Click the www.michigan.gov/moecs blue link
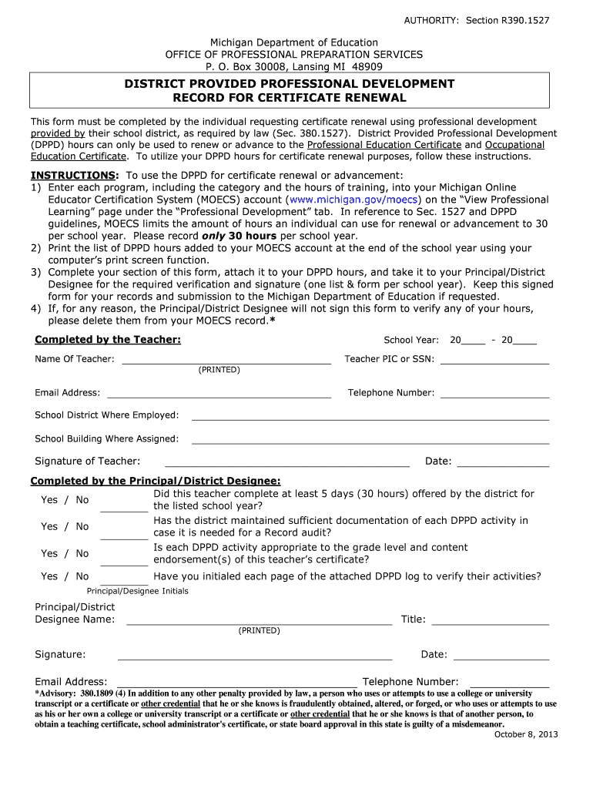coord(352,200)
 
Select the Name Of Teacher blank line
coord(226,359)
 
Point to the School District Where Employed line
coord(370,416)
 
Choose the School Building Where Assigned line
coord(370,440)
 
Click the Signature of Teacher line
coord(287,462)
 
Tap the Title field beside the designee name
coord(490,619)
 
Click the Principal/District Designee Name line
coord(259,619)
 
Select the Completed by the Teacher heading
coord(108,340)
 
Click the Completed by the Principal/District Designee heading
coord(155,481)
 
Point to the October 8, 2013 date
coord(525,734)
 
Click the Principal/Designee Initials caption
coord(137,591)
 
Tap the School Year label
coord(411,341)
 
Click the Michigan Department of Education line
coord(295,42)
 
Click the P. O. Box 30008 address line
coord(295,67)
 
